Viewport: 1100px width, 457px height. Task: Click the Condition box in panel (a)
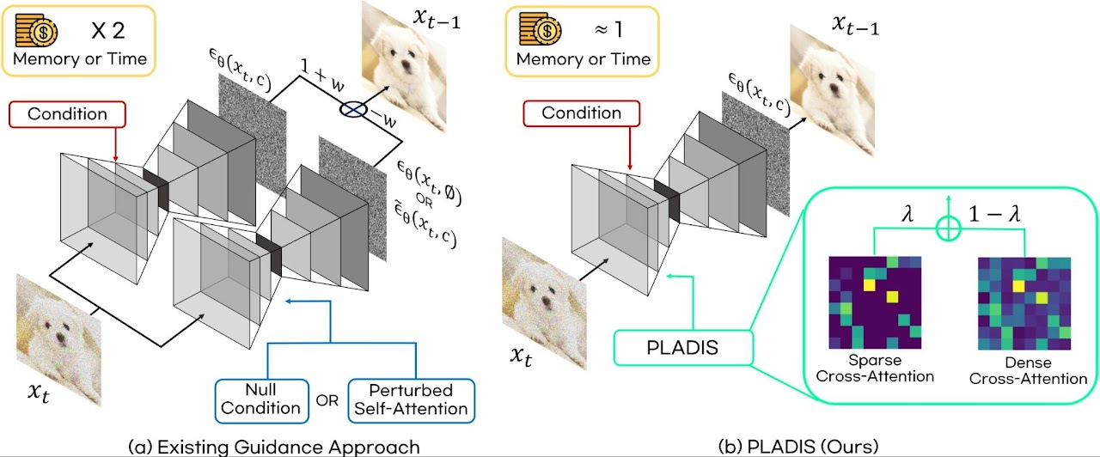67,114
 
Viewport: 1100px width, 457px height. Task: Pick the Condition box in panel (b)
581,113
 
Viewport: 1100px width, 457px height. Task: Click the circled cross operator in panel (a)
352,111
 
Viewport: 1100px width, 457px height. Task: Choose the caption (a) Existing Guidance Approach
273,447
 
